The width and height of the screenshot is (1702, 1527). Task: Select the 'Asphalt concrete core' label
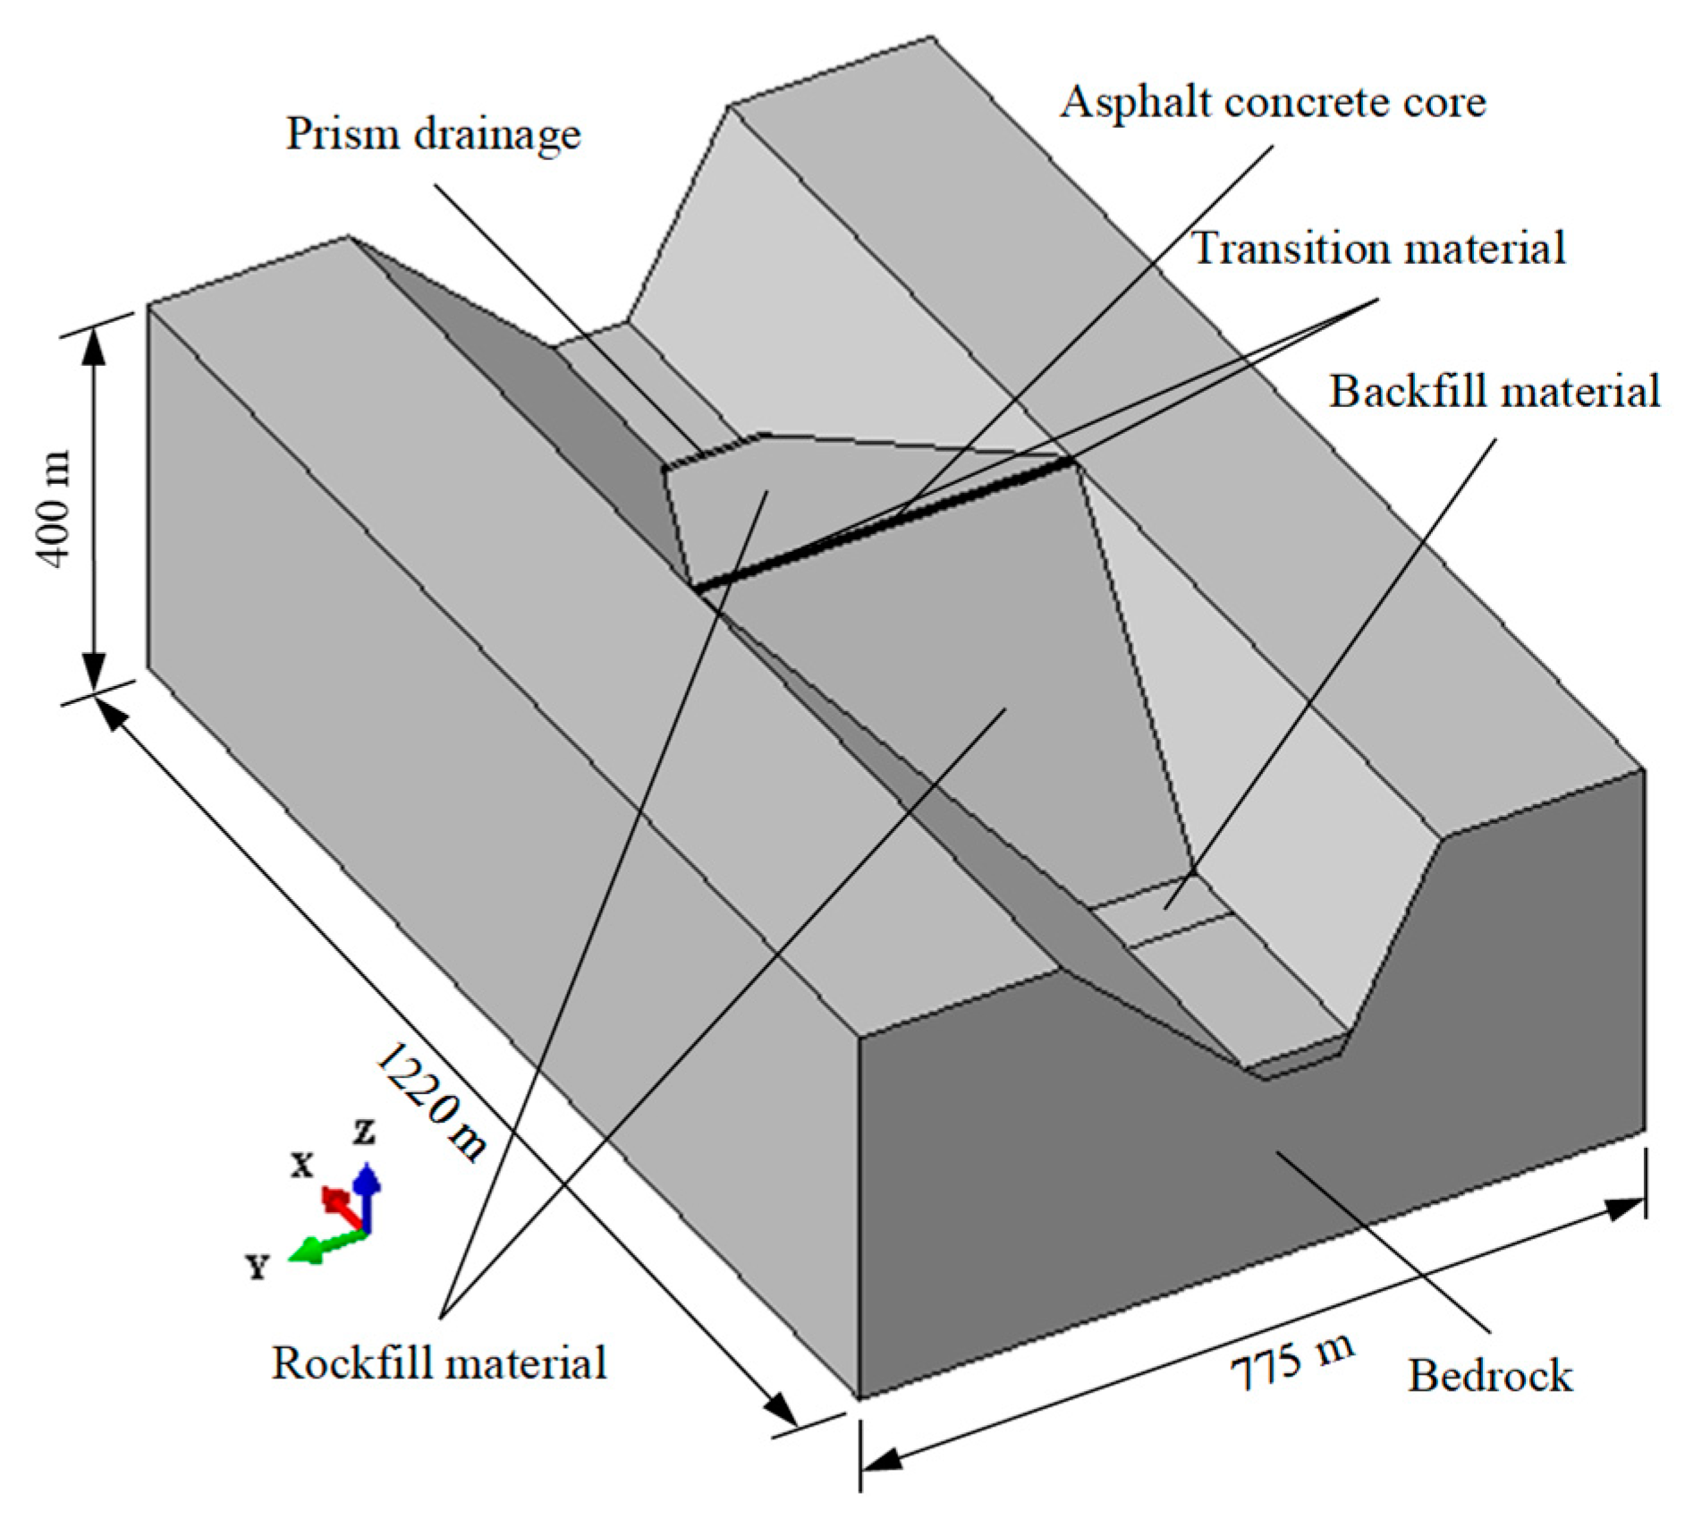1273,103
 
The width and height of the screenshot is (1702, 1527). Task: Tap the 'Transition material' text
1378,249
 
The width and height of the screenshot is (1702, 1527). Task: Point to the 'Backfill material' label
1494,392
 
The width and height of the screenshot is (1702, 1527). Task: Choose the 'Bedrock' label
1489,1376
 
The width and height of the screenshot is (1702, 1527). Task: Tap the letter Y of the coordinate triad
258,1267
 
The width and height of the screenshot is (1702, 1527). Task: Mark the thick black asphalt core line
885,523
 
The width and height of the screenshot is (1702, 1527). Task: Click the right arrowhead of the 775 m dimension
1623,1209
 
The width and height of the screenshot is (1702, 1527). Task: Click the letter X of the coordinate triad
302,1165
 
